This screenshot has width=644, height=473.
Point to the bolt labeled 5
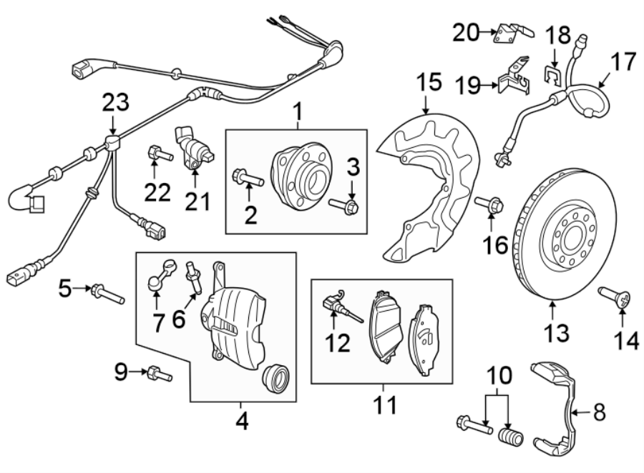pyautogui.click(x=107, y=293)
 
